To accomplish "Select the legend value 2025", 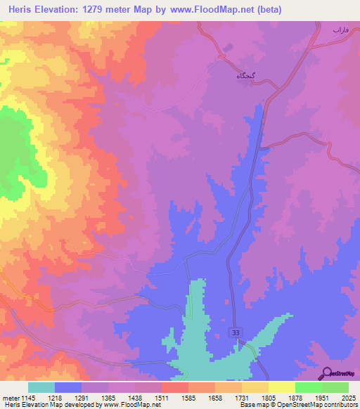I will pyautogui.click(x=348, y=397).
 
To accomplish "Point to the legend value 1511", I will pyautogui.click(x=161, y=397).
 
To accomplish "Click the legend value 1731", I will pyautogui.click(x=242, y=397).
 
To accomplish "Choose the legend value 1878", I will pyautogui.click(x=295, y=397).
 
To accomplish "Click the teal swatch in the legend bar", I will pyautogui.click(x=41, y=387).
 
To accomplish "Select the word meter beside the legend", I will pyautogui.click(x=9, y=397).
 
